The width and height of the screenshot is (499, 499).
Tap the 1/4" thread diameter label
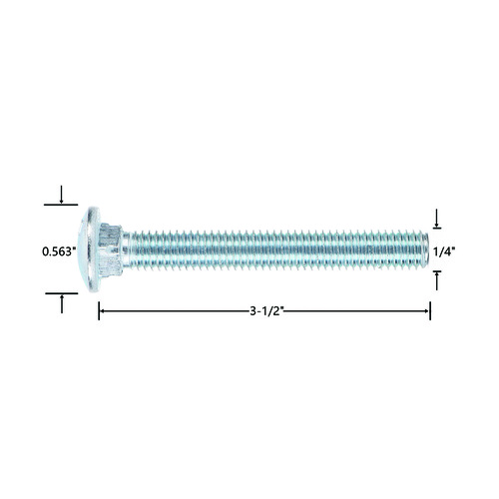pyautogui.click(x=443, y=251)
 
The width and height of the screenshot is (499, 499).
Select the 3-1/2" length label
pyautogui.click(x=266, y=311)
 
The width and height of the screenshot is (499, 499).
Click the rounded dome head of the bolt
pyautogui.click(x=89, y=249)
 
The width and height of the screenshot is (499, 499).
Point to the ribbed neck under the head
pyautogui.click(x=110, y=249)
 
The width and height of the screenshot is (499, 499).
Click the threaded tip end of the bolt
pyautogui.click(x=425, y=249)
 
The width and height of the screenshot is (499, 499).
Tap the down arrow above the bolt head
pyautogui.click(x=61, y=195)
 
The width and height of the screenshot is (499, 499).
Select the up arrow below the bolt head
pyautogui.click(x=62, y=303)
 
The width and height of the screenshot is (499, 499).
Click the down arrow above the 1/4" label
pyautogui.click(x=437, y=219)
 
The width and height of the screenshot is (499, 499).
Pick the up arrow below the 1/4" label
pyautogui.click(x=437, y=281)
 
